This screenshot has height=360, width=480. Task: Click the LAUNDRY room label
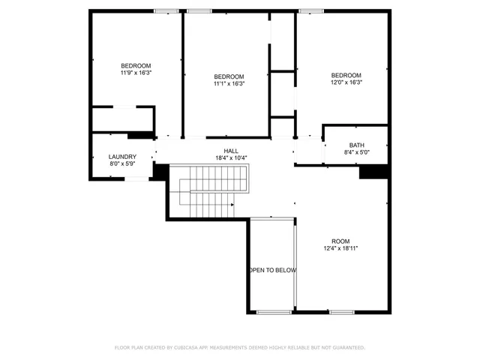point(122,157)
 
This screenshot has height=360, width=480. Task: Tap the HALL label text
point(231,150)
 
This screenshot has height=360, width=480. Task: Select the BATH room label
point(356,145)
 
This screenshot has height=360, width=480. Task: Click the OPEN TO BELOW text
point(272,270)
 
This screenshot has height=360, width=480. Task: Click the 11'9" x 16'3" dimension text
point(136,73)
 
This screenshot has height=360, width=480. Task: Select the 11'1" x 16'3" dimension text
point(229,84)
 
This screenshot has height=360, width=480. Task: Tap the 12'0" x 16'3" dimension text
point(346,82)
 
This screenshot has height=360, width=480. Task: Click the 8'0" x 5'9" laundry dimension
point(122,164)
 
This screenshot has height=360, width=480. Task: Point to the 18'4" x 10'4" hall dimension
point(231,157)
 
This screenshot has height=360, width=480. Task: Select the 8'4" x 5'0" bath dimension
point(356,152)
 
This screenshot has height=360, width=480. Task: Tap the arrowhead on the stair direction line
point(232,203)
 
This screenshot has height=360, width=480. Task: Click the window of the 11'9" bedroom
point(166,10)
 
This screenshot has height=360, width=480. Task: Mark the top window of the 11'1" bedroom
point(199,10)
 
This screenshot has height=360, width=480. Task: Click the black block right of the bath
point(373,172)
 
